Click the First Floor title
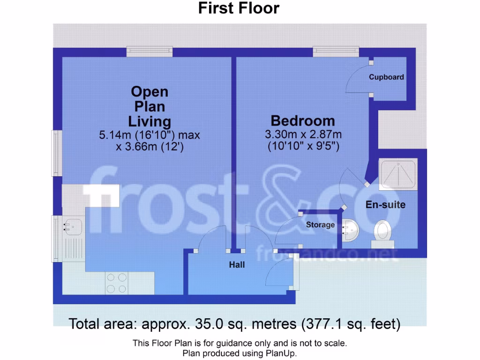coord(239,8)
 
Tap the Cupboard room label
coord(386,77)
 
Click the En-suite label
coord(385,205)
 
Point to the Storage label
coord(320,225)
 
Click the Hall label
coord(237,265)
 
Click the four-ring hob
coord(116,283)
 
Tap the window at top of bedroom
coord(336,51)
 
